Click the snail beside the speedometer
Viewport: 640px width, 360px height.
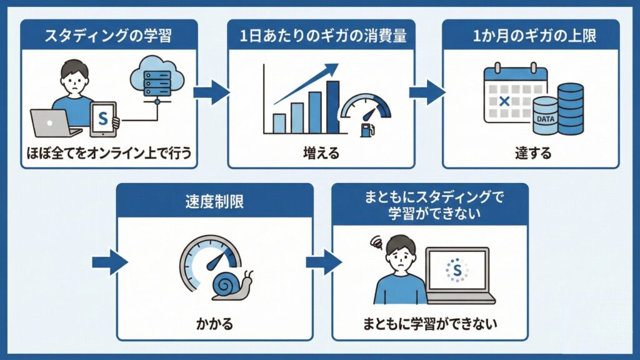pyautogui.click(x=231, y=285)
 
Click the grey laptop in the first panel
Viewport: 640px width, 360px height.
pyautogui.click(x=54, y=123)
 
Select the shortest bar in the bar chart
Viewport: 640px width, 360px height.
pyautogui.click(x=279, y=123)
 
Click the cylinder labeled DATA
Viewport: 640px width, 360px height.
pyautogui.click(x=545, y=116)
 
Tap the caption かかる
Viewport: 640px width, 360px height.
pyautogui.click(x=215, y=325)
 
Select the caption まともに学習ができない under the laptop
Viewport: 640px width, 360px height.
pyautogui.click(x=433, y=325)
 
